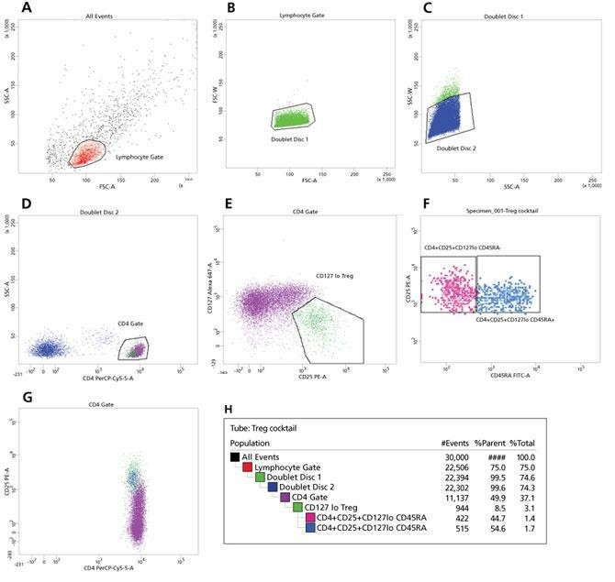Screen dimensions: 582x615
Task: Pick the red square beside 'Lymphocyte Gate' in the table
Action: click(x=246, y=467)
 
